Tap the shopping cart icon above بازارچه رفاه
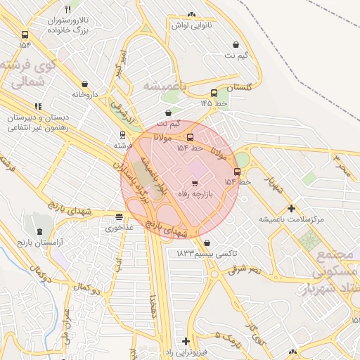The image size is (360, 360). click(195, 183)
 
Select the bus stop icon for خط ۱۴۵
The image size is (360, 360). click(214, 93)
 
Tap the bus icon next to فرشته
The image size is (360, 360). click(123, 135)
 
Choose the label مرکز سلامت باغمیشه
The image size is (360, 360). click(291, 219)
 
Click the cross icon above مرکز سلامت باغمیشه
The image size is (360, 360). click(291, 209)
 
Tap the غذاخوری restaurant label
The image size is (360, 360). click(119, 228)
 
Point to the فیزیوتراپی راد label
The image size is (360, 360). click(186, 351)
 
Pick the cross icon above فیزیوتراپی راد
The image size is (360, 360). click(186, 340)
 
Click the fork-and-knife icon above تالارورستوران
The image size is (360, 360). click(67, 10)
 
